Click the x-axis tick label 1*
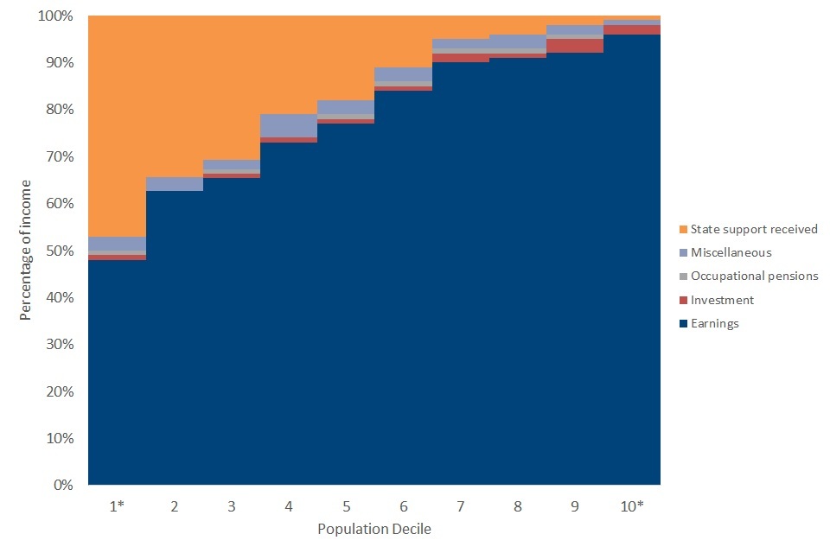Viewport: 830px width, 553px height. [x=118, y=506]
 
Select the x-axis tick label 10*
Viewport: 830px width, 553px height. [x=632, y=506]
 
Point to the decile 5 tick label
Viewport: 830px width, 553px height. [x=346, y=506]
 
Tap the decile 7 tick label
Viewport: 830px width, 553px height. [x=460, y=506]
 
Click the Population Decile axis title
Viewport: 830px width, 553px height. [x=374, y=529]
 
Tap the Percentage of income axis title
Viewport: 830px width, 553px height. [x=26, y=250]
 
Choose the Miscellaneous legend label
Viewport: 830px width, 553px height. [x=731, y=252]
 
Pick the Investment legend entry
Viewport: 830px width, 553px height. [x=723, y=300]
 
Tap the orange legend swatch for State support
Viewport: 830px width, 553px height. [x=683, y=229]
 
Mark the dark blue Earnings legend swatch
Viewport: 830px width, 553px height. [x=683, y=323]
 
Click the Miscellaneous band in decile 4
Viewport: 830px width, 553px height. [x=289, y=125]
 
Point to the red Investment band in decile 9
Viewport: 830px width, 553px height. [x=575, y=46]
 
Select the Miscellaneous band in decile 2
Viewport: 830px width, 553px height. [x=175, y=183]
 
